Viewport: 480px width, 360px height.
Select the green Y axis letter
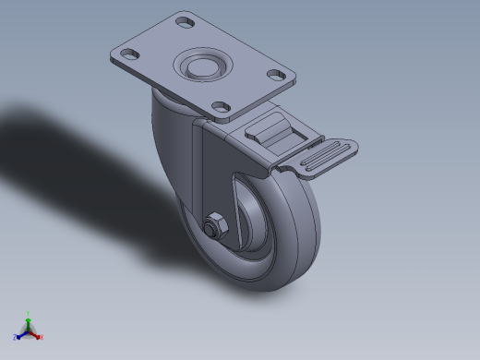(x=29, y=313)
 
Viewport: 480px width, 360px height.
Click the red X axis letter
(x=42, y=337)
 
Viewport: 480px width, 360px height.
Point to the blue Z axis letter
(x=16, y=337)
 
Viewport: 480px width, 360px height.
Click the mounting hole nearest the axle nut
(x=221, y=107)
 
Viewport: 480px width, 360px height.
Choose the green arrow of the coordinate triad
(x=29, y=321)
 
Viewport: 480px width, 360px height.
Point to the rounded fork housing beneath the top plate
(x=171, y=138)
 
